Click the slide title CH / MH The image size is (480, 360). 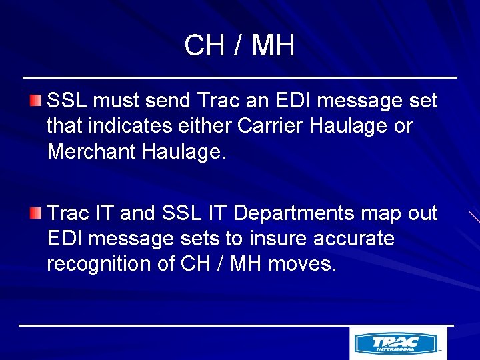coord(239,46)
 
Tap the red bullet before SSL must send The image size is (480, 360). coord(35,101)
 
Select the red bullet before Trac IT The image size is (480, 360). coord(35,213)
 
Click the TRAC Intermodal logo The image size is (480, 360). coord(398,343)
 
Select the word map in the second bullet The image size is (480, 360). coord(379,214)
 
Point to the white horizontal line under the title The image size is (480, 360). coord(239,78)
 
